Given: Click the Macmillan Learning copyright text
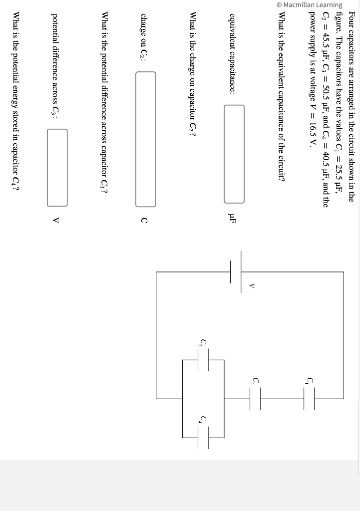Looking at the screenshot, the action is coord(310,5).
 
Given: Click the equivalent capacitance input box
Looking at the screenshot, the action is coord(234,154).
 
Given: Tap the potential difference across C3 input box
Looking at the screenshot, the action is coord(57,167).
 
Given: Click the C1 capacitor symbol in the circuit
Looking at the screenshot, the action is coord(309,398).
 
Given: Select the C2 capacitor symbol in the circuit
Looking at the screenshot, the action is coord(255,398).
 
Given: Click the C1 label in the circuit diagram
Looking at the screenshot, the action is coord(310,382).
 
